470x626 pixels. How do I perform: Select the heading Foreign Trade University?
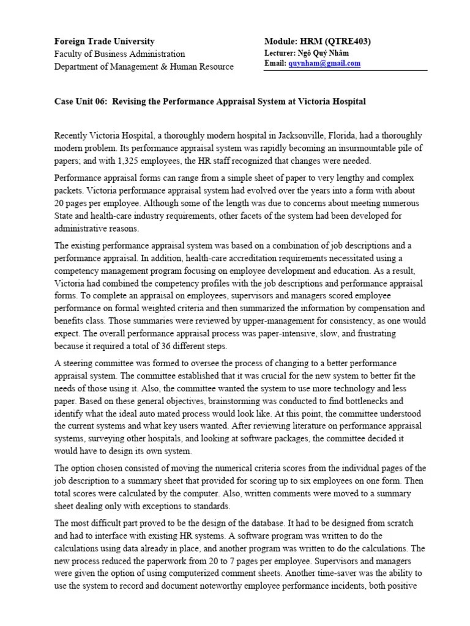click(x=105, y=41)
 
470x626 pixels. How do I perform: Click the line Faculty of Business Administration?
click(x=120, y=54)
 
